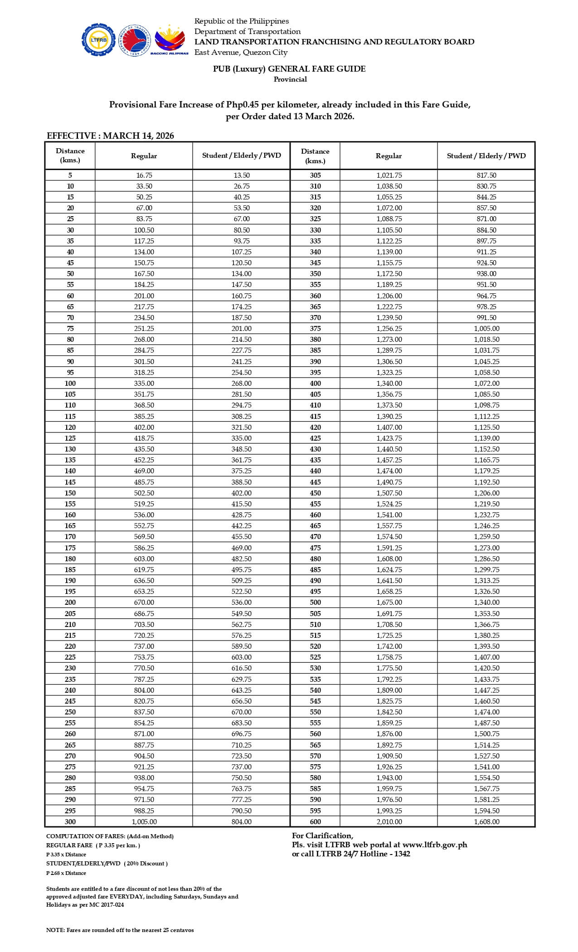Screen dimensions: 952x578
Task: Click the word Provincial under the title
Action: click(290, 79)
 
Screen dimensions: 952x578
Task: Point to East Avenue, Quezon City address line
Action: click(241, 53)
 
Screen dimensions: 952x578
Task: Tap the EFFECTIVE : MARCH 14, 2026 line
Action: click(110, 136)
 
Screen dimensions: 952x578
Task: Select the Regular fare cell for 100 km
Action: click(144, 384)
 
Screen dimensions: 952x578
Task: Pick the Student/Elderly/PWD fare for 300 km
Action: click(241, 822)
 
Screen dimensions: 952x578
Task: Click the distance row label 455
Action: click(315, 504)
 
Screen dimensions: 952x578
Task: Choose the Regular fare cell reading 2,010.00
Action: click(389, 822)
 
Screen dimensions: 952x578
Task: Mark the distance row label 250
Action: click(70, 712)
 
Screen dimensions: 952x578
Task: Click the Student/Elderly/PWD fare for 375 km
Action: click(486, 329)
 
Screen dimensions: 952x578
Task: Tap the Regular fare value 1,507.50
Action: click(389, 493)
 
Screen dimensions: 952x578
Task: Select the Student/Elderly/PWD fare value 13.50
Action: click(241, 175)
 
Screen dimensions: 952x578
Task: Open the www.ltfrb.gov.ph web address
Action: click(434, 845)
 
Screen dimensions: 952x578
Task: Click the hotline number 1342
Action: click(400, 854)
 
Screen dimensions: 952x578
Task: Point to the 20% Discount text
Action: click(147, 864)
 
